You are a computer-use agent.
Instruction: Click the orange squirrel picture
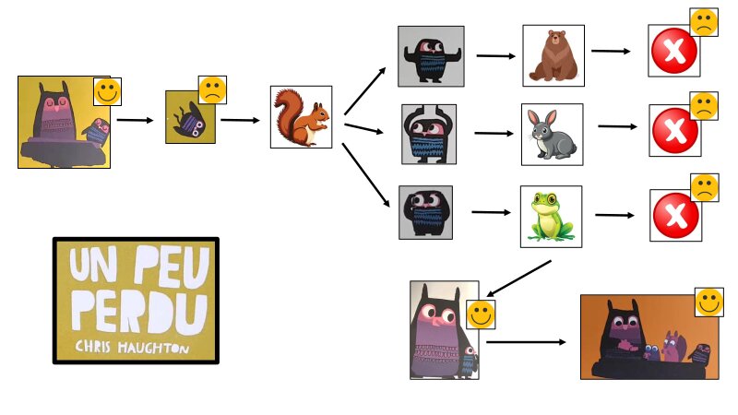coord(301,117)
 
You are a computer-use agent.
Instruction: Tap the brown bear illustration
coord(553,55)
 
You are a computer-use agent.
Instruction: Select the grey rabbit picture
coord(552,135)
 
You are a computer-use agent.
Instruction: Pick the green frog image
coord(551,217)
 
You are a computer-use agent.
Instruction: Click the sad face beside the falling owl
coord(213,89)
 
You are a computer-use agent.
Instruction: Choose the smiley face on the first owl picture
coord(108,91)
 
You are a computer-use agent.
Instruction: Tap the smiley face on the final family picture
coord(708,302)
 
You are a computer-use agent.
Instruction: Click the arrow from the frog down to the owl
coord(518,279)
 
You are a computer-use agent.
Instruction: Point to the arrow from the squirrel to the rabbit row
coord(363,128)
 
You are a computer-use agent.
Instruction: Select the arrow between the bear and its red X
coord(611,52)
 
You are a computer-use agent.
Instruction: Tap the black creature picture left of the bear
coord(431,56)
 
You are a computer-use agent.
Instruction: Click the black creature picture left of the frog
coord(425,212)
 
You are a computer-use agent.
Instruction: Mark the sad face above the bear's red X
coord(703,22)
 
